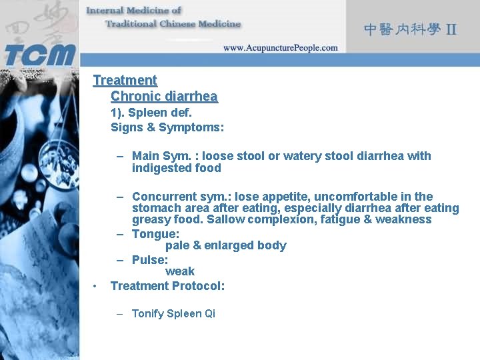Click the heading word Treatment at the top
click(x=125, y=80)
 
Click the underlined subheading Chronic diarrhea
click(x=164, y=97)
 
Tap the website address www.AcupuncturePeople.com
click(x=280, y=48)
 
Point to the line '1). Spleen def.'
click(x=151, y=113)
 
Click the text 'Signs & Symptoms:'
click(x=167, y=127)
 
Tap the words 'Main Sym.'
click(x=161, y=156)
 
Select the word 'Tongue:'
click(x=155, y=234)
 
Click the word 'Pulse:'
click(x=150, y=260)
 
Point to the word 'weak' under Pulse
click(x=180, y=271)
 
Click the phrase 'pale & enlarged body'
click(x=226, y=245)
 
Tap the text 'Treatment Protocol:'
click(x=167, y=286)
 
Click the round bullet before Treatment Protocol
click(x=96, y=287)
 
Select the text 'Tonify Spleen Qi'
click(x=173, y=313)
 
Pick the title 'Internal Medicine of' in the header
click(x=133, y=10)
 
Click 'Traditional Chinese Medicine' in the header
click(x=173, y=24)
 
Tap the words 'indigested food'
click(x=177, y=168)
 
